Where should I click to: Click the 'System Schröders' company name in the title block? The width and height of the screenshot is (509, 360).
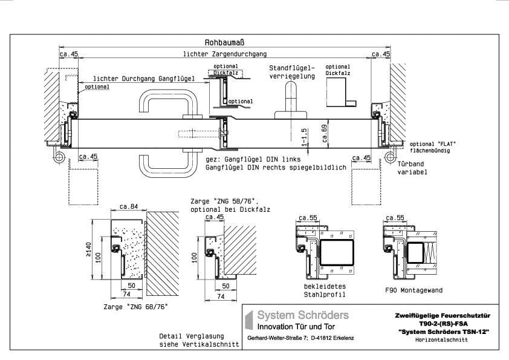[303, 315]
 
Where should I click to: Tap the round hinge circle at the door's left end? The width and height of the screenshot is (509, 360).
[60, 156]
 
